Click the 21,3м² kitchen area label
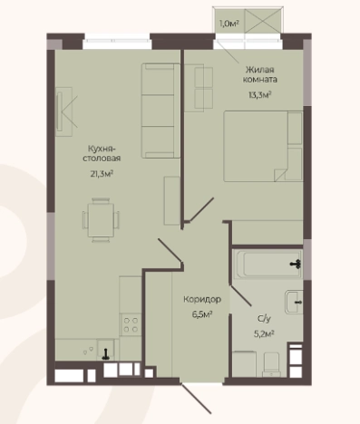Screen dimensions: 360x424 click(x=102, y=174)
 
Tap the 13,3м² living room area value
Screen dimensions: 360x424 click(x=259, y=95)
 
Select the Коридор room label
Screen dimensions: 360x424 click(x=202, y=299)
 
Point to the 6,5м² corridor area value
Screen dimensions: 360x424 click(x=202, y=314)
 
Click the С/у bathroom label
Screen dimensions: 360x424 click(x=264, y=319)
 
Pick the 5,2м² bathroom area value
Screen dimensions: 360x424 click(x=264, y=333)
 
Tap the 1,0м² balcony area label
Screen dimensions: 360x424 click(x=229, y=24)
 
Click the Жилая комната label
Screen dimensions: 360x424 click(x=260, y=74)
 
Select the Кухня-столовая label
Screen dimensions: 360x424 click(x=102, y=153)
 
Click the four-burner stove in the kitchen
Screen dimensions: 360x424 click(x=131, y=324)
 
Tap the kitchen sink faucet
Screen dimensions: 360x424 click(x=106, y=354)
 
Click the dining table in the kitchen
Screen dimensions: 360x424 click(x=101, y=220)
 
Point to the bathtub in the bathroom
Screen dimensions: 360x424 click(x=268, y=265)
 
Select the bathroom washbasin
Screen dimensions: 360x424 click(x=294, y=303)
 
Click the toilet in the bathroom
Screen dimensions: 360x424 click(x=271, y=364)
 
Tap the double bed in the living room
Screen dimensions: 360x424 click(x=263, y=146)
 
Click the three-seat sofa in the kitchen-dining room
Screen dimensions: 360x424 click(x=161, y=111)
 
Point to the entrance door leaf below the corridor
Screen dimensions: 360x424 click(x=196, y=399)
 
